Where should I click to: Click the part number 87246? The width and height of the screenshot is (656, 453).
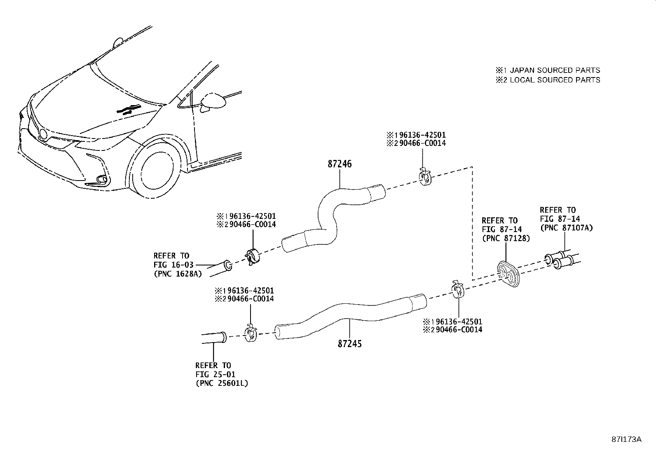tap(340, 164)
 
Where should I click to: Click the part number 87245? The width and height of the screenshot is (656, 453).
tap(349, 343)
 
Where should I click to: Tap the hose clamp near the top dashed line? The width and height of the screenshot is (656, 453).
tap(424, 177)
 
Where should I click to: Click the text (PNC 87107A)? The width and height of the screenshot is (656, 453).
tap(567, 228)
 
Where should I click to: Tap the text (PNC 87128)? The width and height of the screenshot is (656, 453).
tap(506, 238)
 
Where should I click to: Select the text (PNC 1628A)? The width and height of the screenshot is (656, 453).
tap(178, 274)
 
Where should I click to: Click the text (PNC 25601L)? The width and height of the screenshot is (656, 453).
tap(222, 383)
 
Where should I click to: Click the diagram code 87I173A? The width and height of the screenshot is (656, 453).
tap(626, 439)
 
